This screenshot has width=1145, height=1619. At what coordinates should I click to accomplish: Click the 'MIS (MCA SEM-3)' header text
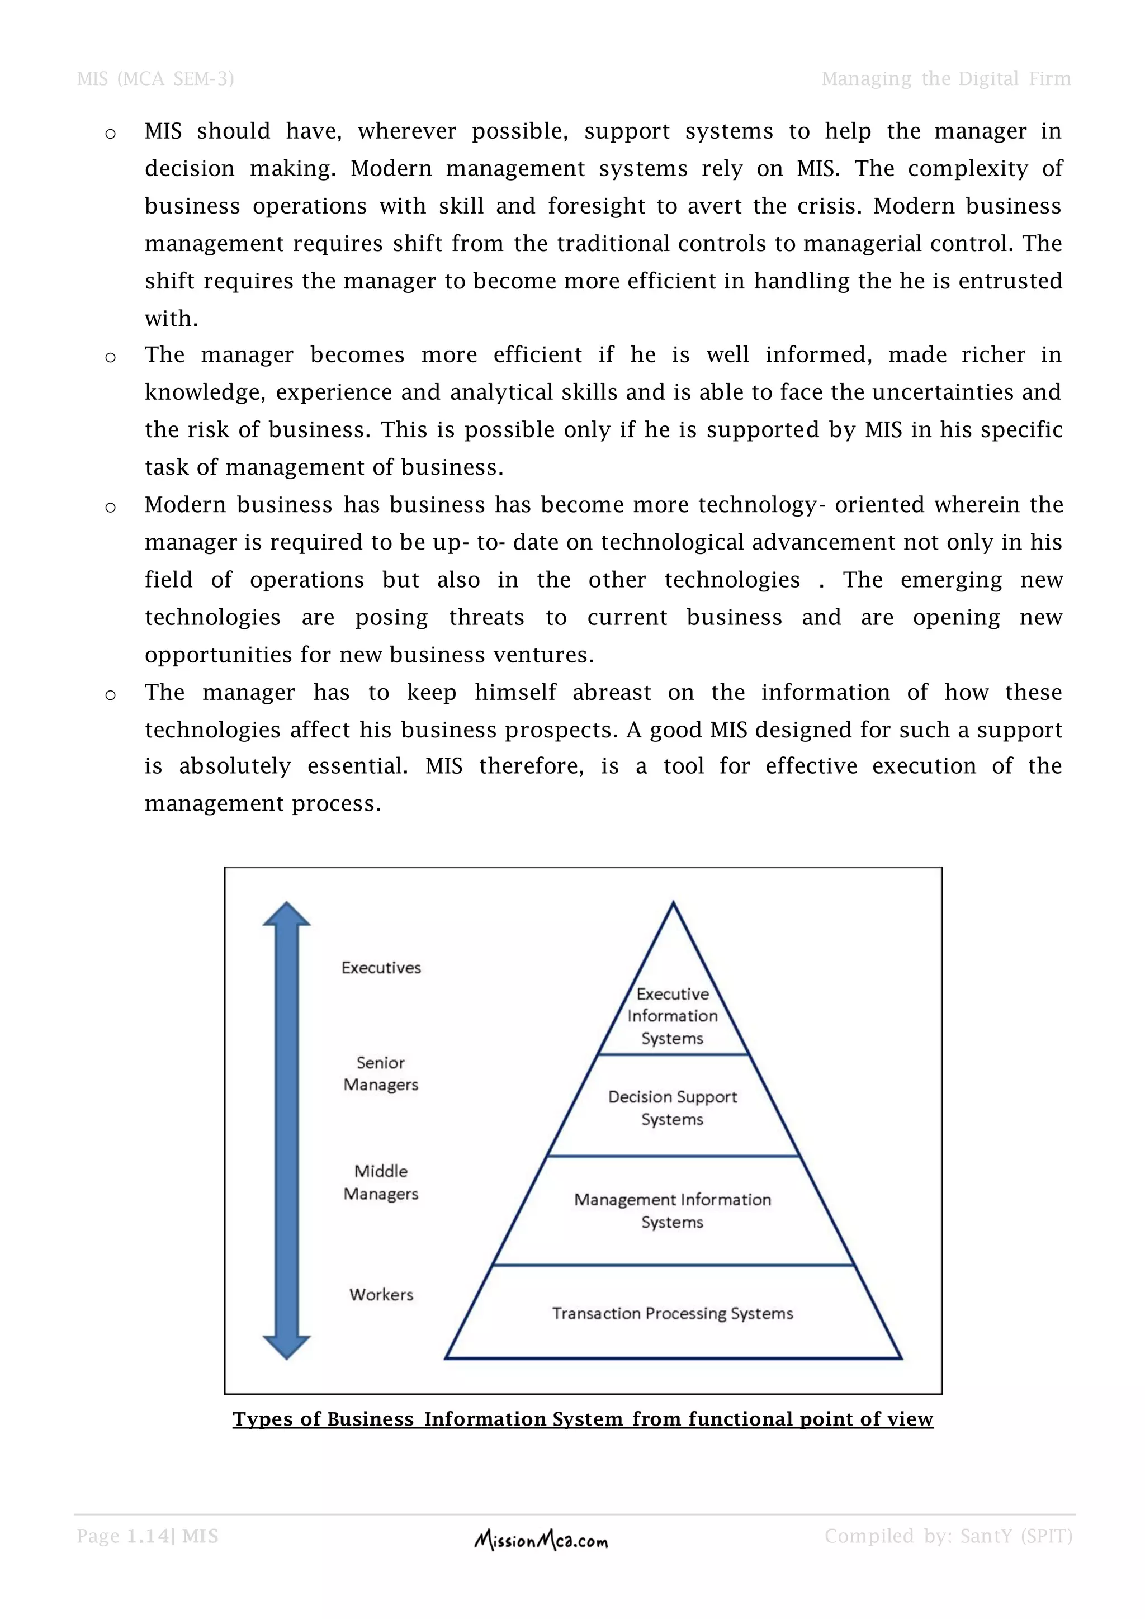tap(155, 78)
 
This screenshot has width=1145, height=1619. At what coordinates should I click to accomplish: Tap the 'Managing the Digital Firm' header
tap(945, 78)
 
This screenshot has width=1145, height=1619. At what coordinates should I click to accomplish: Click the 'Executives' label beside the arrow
tap(381, 968)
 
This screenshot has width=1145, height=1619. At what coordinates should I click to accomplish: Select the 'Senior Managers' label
tap(381, 1073)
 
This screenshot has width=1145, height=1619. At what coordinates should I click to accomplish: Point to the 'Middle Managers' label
tap(381, 1182)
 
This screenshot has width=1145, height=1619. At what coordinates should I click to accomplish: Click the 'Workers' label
tap(381, 1294)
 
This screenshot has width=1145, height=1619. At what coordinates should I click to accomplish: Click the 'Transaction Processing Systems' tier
tap(673, 1313)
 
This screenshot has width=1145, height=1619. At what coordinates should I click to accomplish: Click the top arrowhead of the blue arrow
tap(286, 913)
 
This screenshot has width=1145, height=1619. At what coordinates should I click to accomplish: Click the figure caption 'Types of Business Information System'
tap(583, 1419)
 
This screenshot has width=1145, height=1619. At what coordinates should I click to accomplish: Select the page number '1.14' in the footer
tap(148, 1536)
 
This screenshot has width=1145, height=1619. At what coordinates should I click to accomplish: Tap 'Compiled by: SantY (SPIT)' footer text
tap(948, 1536)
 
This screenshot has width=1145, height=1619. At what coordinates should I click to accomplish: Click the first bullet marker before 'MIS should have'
tap(110, 134)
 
